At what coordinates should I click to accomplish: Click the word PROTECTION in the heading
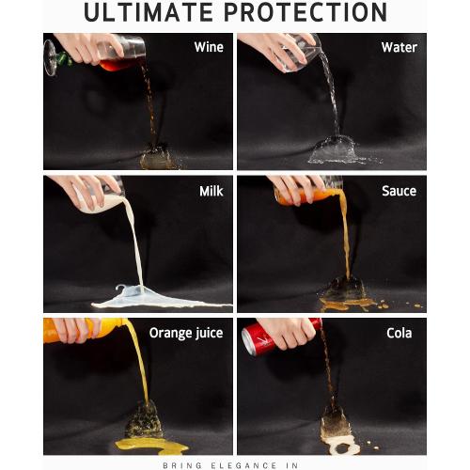click(x=305, y=12)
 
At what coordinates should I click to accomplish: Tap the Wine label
click(x=209, y=47)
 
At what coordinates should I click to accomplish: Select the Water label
click(x=399, y=47)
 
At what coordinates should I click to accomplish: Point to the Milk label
click(x=211, y=191)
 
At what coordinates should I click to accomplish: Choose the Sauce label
click(x=399, y=191)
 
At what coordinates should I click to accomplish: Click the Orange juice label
click(x=186, y=334)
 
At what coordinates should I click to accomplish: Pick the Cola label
click(x=399, y=333)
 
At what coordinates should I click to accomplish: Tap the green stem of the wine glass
click(x=65, y=59)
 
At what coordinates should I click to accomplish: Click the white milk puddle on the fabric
click(x=157, y=299)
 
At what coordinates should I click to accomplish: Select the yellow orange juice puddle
click(x=150, y=445)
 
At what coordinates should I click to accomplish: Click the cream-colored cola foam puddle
click(x=340, y=445)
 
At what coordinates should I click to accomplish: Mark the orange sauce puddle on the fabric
click(x=346, y=304)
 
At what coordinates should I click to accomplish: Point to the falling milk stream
click(x=134, y=244)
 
